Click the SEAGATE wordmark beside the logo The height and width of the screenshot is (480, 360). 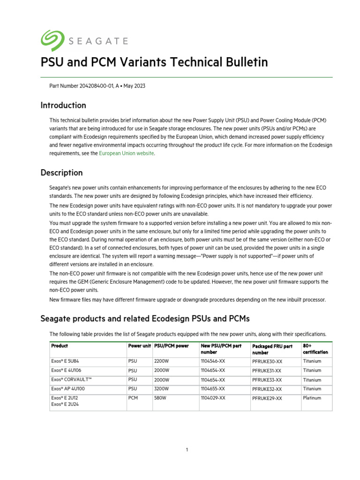click(98, 41)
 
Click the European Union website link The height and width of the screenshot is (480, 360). click(127, 153)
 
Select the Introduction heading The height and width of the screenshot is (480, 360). click(63, 105)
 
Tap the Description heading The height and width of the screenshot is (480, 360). click(61, 173)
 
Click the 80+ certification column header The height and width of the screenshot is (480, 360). click(315, 349)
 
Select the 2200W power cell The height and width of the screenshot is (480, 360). click(162, 361)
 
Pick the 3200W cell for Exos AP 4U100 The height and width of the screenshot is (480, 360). click(162, 389)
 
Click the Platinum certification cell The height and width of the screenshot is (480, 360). click(312, 398)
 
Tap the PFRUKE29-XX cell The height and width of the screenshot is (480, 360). click(267, 398)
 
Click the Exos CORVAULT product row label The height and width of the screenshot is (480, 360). click(72, 380)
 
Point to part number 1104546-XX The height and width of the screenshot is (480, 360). click(213, 361)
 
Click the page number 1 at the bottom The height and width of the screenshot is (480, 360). click(187, 450)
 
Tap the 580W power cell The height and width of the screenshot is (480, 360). click(161, 398)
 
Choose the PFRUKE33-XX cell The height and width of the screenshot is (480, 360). click(267, 380)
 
